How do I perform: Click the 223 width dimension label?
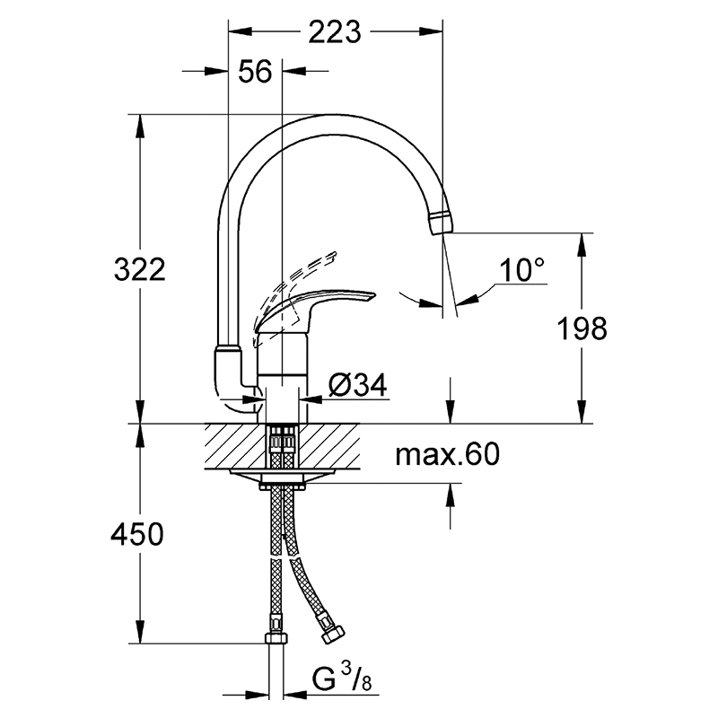pos(335,32)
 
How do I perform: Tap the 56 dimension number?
pos(255,71)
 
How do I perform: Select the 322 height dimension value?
pos(140,269)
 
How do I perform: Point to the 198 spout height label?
pos(582,328)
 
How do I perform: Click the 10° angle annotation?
pos(522,270)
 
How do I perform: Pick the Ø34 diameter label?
pos(358,385)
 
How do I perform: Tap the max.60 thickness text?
pos(447,454)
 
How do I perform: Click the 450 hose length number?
pos(137,533)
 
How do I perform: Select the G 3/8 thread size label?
pos(342,679)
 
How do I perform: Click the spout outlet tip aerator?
pos(442,223)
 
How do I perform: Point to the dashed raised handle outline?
pos(293,288)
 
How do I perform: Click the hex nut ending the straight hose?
pos(276,637)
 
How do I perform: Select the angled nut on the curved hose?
pos(332,635)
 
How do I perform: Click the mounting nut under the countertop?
pos(282,485)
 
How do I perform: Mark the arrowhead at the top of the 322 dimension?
pos(140,125)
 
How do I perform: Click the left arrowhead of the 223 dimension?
pos(241,31)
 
